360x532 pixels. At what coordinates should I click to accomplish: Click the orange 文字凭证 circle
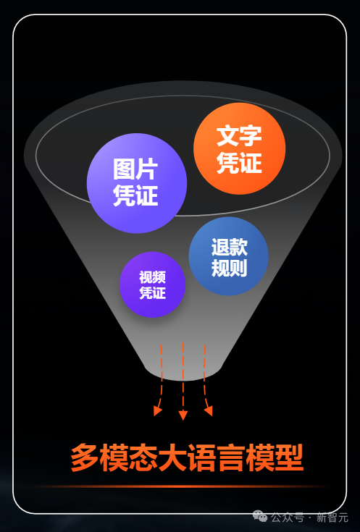tap(240, 148)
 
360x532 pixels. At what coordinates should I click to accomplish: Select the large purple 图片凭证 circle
tap(137, 183)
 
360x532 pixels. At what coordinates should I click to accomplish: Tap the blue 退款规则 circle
tap(229, 256)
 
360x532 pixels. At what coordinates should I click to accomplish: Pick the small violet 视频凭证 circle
tap(152, 284)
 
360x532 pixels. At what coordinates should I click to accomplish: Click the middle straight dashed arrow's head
tap(183, 415)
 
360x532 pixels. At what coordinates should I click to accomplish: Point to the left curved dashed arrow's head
tap(157, 410)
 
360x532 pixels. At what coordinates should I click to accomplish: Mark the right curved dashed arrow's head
tap(209, 410)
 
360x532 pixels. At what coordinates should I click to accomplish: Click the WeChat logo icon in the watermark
tap(261, 517)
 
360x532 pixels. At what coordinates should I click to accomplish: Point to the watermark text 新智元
tap(332, 518)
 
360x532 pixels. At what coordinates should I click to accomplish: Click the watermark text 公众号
tap(288, 518)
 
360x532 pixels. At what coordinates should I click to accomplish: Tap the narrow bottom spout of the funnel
tap(183, 371)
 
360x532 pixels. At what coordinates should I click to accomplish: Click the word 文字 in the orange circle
tap(240, 136)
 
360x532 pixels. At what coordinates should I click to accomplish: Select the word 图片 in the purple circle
tap(135, 169)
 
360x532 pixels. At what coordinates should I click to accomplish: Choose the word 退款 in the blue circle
tap(229, 247)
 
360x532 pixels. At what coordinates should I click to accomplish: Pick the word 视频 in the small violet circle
tap(152, 277)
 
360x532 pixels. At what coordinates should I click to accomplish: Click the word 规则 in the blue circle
tap(229, 268)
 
